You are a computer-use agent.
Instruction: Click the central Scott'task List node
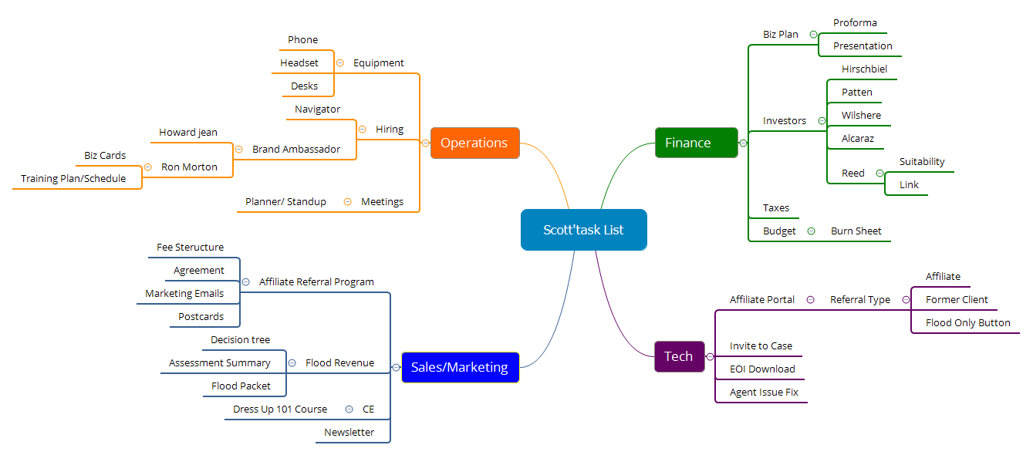[x=583, y=230]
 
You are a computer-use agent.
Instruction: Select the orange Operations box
[x=474, y=143]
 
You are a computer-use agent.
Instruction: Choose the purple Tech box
[x=678, y=356]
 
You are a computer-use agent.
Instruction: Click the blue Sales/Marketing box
[x=460, y=367]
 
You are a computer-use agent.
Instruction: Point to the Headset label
[x=299, y=62]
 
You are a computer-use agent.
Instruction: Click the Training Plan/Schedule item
[x=73, y=178]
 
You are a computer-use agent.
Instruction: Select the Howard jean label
[x=188, y=132]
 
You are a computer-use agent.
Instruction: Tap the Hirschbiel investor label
[x=864, y=69]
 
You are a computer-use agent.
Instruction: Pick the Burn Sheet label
[x=856, y=231]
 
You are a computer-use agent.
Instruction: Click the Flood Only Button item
[x=967, y=322]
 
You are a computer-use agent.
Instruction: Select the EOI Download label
[x=762, y=369]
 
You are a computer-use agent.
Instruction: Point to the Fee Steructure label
[x=190, y=247]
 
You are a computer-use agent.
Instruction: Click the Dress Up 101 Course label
[x=280, y=409]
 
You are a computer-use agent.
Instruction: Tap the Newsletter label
[x=349, y=432]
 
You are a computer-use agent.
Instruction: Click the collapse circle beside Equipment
[x=339, y=62]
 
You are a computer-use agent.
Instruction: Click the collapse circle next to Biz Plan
[x=814, y=34]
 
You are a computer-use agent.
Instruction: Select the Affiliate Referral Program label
[x=316, y=281]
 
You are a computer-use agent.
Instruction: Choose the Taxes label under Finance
[x=775, y=207]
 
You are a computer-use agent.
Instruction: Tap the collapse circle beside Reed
[x=879, y=173]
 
